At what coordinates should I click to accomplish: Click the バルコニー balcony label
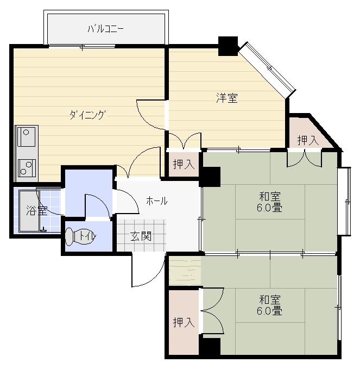[x=105, y=29]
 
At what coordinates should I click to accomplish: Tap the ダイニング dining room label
[x=87, y=115]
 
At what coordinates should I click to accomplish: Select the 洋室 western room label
[x=227, y=98]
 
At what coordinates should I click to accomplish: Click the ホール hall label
[x=156, y=201]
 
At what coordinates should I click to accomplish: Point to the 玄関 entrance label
[x=141, y=236]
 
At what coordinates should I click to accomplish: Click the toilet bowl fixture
[x=80, y=236]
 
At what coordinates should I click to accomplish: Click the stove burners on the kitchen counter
[x=27, y=168]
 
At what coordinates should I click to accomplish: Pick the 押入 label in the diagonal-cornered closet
[x=308, y=141]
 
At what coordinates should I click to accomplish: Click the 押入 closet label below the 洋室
[x=184, y=164]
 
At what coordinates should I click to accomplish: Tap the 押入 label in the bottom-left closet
[x=184, y=322]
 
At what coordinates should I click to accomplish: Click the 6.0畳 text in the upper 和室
[x=269, y=208]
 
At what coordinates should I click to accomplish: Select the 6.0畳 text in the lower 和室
[x=269, y=311]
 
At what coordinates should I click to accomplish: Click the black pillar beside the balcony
[x=228, y=46]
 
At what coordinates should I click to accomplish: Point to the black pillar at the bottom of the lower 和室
[x=210, y=346]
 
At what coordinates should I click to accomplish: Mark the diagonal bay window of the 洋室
[x=268, y=70]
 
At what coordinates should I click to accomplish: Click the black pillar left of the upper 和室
[x=210, y=177]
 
